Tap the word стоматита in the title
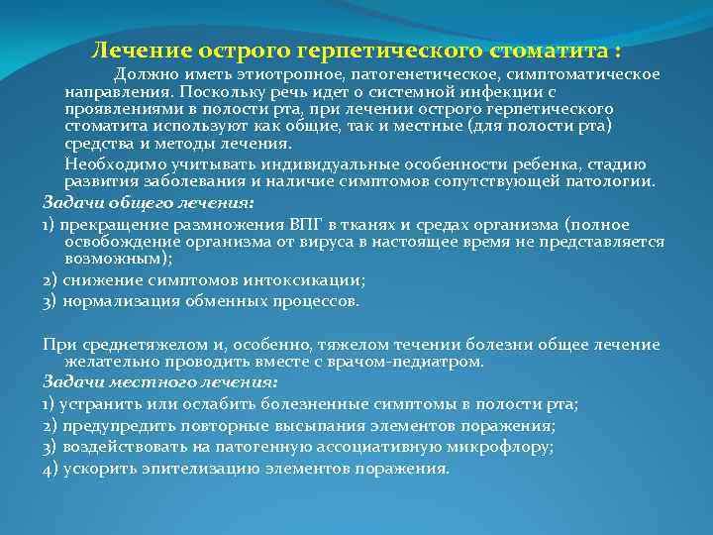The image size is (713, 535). tap(544, 50)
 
